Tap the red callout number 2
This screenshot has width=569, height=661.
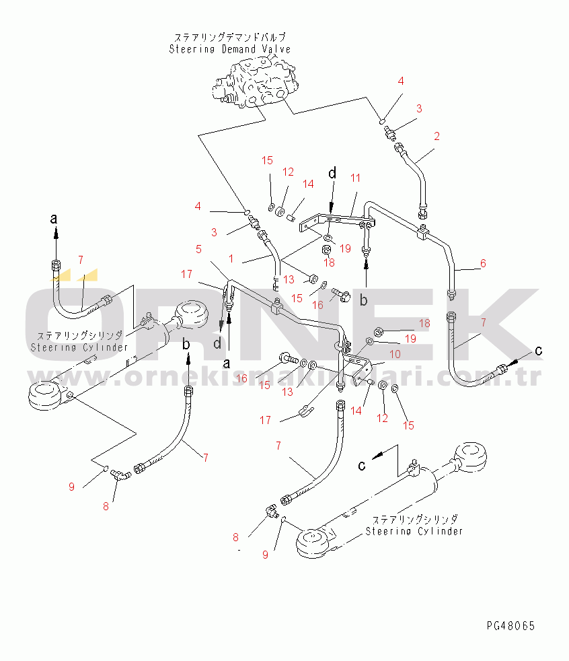(437, 136)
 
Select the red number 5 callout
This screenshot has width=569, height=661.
(198, 249)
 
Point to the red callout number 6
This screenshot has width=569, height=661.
(483, 264)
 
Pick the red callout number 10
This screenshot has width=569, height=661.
(395, 354)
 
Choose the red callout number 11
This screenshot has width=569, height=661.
(355, 178)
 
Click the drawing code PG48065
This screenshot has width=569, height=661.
(511, 626)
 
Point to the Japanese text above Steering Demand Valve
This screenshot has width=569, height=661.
(230, 38)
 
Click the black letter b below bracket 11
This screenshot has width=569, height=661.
(364, 300)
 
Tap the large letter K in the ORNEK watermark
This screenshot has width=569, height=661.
(498, 323)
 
